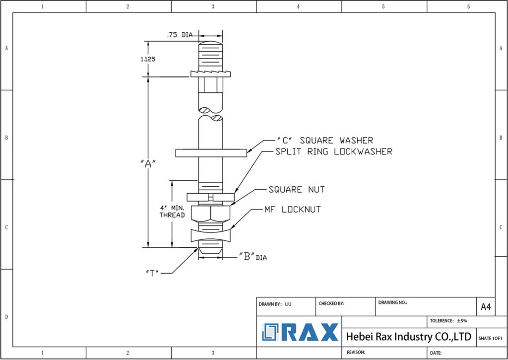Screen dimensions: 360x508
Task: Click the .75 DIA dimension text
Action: point(179,35)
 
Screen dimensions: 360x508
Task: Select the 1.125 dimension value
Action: point(148,59)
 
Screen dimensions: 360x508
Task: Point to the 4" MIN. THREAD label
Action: point(172,211)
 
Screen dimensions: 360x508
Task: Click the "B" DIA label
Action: point(253,257)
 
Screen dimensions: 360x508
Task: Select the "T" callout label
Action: point(152,273)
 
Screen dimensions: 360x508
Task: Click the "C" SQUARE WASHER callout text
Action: point(324,141)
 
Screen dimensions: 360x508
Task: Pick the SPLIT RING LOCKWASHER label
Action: point(333,151)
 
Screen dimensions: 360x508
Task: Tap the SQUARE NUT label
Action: point(297,190)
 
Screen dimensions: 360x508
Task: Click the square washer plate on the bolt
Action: point(211,153)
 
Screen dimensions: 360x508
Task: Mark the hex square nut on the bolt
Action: point(211,214)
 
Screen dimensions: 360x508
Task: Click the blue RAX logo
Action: point(301,332)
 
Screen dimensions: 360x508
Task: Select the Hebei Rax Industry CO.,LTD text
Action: point(408,337)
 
